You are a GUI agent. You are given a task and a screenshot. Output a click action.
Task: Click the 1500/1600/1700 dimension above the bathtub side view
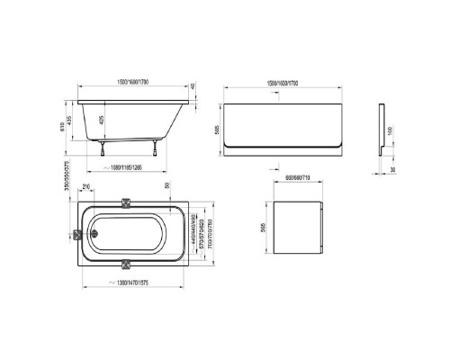[x=133, y=84]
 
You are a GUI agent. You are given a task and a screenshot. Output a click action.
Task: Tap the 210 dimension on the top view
[x=86, y=188]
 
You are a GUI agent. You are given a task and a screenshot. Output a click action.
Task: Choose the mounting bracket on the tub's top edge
[x=126, y=202]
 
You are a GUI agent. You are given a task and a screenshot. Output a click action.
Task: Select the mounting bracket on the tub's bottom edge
[x=126, y=264]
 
